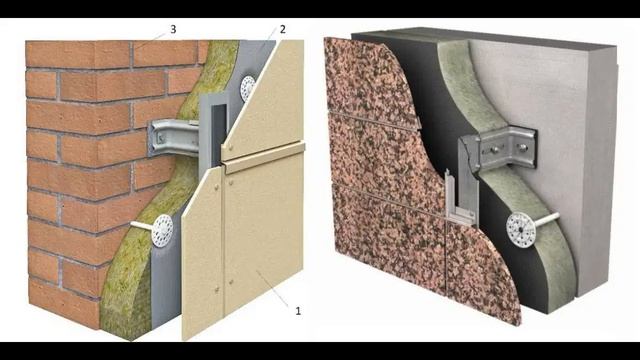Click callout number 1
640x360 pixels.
click(298, 311)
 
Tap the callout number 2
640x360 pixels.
click(282, 29)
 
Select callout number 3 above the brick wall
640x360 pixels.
click(173, 29)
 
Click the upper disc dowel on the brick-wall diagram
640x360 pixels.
click(248, 88)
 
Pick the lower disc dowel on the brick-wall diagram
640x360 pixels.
click(162, 231)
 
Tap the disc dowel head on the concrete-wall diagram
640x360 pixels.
click(521, 230)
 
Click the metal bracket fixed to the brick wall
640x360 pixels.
click(173, 138)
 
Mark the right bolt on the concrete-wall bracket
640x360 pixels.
click(521, 145)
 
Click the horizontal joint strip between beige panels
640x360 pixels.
click(264, 154)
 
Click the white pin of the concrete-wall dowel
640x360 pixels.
click(547, 220)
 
